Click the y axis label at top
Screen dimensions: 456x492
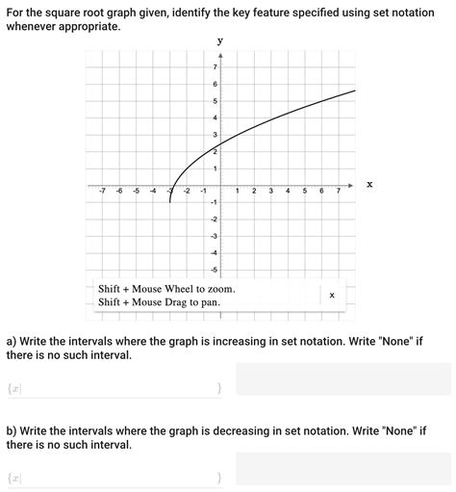220,40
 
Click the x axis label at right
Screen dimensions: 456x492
368,184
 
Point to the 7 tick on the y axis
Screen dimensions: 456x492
215,66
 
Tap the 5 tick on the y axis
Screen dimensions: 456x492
215,101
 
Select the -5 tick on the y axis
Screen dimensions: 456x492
214,270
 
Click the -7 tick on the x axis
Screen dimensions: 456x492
103,192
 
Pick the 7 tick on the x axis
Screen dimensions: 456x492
339,192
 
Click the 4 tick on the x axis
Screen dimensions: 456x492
288,192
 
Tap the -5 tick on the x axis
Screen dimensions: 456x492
136,192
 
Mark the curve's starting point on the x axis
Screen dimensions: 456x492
169,185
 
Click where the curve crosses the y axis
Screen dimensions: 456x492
220,146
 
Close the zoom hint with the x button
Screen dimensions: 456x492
332,296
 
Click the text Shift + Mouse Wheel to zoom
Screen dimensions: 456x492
166,289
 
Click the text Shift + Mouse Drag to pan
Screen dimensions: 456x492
159,302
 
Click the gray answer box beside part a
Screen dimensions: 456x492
342,379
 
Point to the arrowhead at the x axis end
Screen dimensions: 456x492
350,184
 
